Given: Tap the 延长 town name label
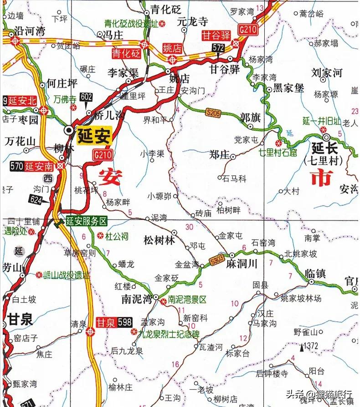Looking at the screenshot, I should [325, 148].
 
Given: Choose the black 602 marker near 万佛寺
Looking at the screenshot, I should [86, 97].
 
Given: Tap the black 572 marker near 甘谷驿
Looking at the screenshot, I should [217, 47].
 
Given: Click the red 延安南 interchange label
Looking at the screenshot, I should [39, 167].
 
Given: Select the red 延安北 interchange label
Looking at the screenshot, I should [22, 101].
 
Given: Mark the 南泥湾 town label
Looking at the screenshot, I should [136, 299].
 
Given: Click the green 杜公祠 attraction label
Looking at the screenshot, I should [117, 236].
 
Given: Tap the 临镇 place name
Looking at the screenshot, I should [315, 273].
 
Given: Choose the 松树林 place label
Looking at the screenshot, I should [159, 241].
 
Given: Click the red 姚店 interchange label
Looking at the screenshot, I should [173, 48].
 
